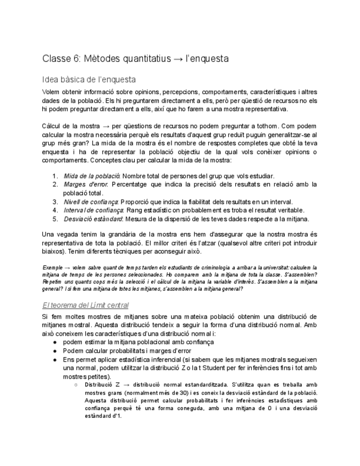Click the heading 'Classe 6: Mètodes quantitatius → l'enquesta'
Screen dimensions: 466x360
(x=135, y=58)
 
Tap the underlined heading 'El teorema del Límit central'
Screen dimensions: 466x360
(x=85, y=305)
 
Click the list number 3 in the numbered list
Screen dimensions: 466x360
(x=55, y=202)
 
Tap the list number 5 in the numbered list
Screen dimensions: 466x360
(x=55, y=219)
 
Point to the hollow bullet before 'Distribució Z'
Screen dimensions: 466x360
(x=75, y=385)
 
